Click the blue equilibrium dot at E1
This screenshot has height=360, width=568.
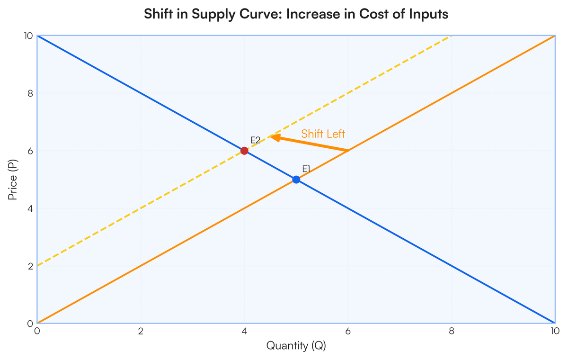point(296,180)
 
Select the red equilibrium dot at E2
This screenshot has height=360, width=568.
point(244,151)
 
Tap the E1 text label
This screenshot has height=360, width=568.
point(306,169)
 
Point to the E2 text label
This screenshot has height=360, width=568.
point(255,140)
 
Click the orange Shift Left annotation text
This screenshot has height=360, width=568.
point(323,134)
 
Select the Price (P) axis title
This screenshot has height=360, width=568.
point(13,180)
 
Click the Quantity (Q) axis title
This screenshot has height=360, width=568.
point(296,346)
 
